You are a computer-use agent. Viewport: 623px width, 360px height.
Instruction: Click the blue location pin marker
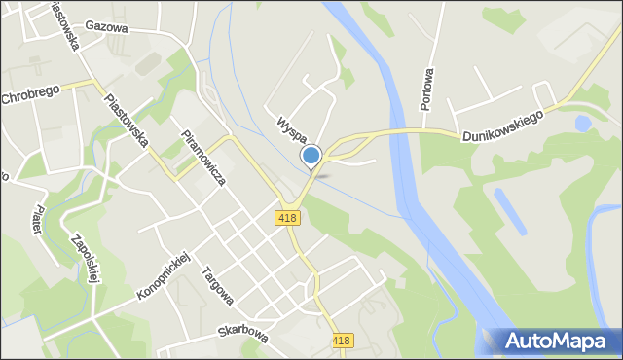click(x=311, y=156)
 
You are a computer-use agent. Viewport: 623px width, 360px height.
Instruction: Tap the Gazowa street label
click(x=106, y=27)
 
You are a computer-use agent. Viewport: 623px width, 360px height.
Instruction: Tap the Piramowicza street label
click(x=203, y=155)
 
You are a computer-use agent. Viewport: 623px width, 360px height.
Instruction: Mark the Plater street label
click(x=36, y=216)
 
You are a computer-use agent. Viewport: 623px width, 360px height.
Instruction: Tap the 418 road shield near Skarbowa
click(x=342, y=341)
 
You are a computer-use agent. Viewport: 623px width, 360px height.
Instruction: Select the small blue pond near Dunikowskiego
click(x=582, y=125)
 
